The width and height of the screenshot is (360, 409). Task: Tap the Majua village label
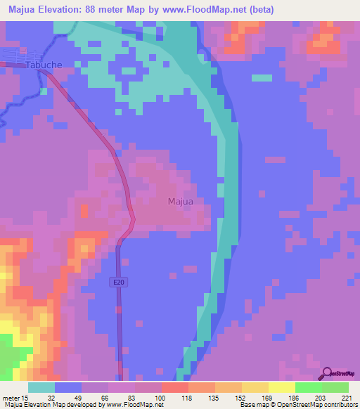(x=180, y=202)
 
